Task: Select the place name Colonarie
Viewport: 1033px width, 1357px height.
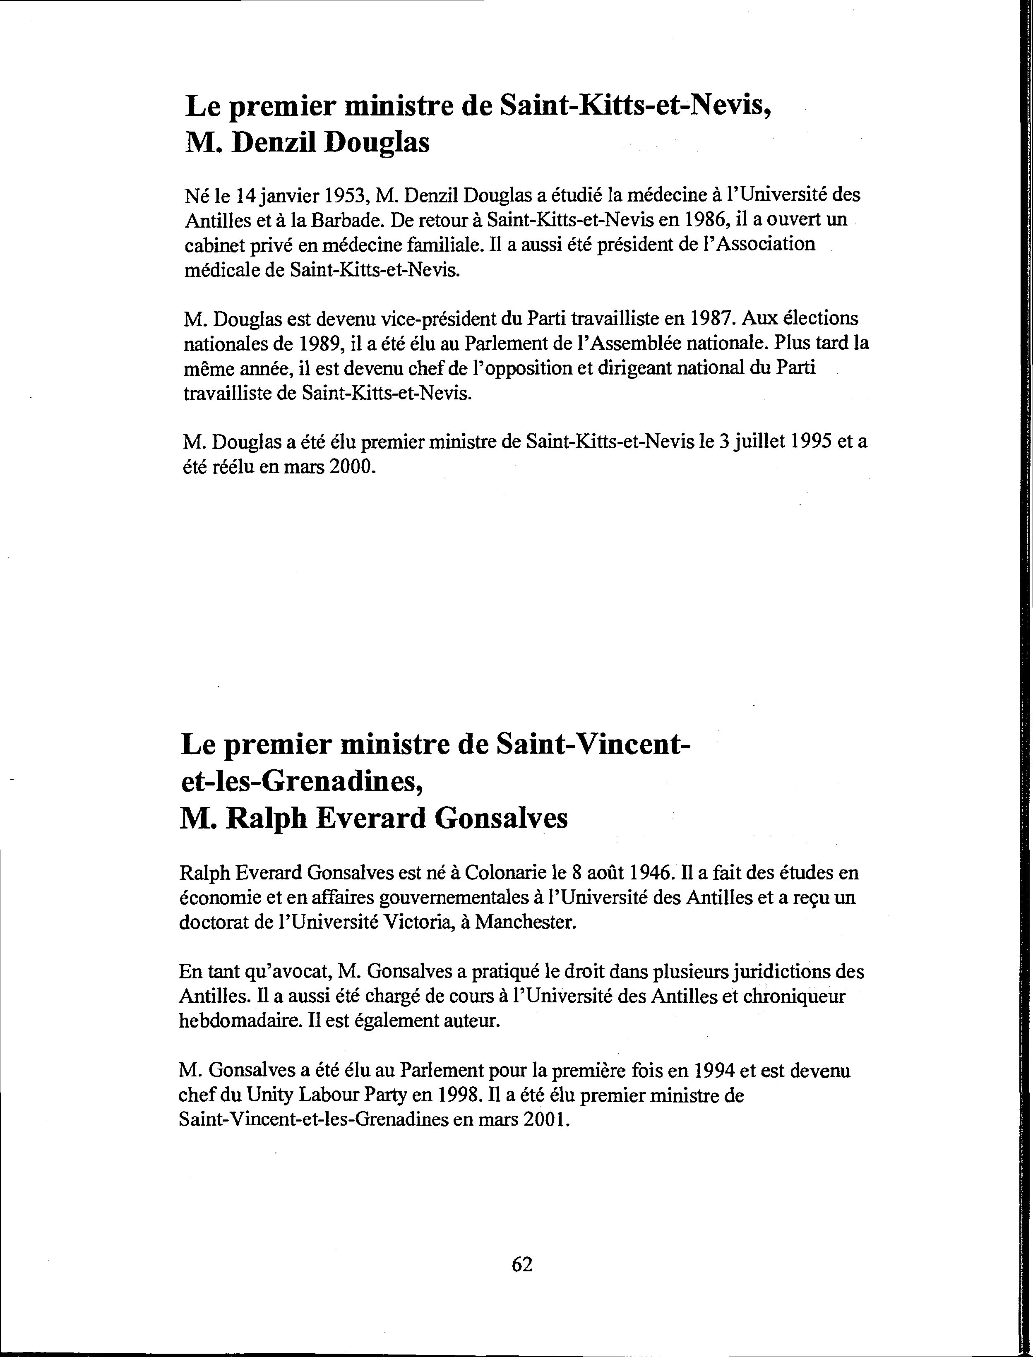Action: [508, 872]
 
